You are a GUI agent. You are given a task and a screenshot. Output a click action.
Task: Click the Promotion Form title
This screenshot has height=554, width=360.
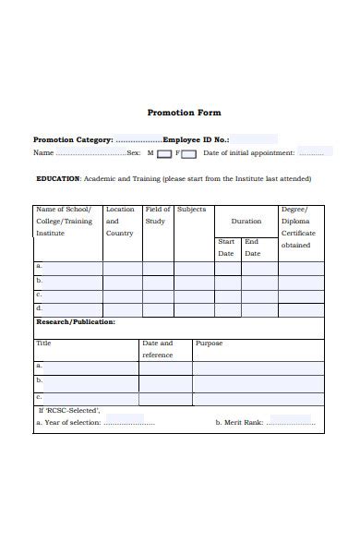184,113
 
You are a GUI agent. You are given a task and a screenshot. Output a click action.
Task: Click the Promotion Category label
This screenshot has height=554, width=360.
73,139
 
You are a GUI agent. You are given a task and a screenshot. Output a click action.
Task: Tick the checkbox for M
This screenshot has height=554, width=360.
163,153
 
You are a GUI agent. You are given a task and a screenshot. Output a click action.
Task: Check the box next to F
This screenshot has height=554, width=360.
188,153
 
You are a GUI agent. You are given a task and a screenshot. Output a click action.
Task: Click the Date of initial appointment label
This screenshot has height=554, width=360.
248,152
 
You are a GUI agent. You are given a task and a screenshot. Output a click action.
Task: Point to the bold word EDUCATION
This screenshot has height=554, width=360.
57,178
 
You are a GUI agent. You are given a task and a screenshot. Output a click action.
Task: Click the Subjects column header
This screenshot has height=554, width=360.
191,210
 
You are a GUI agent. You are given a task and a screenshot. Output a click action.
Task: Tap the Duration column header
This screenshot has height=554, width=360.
246,222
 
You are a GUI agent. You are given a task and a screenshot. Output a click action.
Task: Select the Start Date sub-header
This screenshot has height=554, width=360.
226,247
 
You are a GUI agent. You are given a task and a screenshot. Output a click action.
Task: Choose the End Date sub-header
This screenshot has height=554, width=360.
252,247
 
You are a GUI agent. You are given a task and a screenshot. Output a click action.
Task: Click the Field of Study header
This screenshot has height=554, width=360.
157,215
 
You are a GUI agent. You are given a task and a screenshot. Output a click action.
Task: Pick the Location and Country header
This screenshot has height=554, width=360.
119,222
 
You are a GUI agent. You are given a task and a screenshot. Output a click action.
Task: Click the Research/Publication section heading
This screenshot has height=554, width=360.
76,322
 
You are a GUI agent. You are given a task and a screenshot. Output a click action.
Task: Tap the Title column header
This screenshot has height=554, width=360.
43,343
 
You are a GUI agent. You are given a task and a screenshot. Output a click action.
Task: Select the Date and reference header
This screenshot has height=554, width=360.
157,349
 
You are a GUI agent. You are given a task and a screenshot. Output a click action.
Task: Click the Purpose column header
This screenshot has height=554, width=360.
209,343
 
